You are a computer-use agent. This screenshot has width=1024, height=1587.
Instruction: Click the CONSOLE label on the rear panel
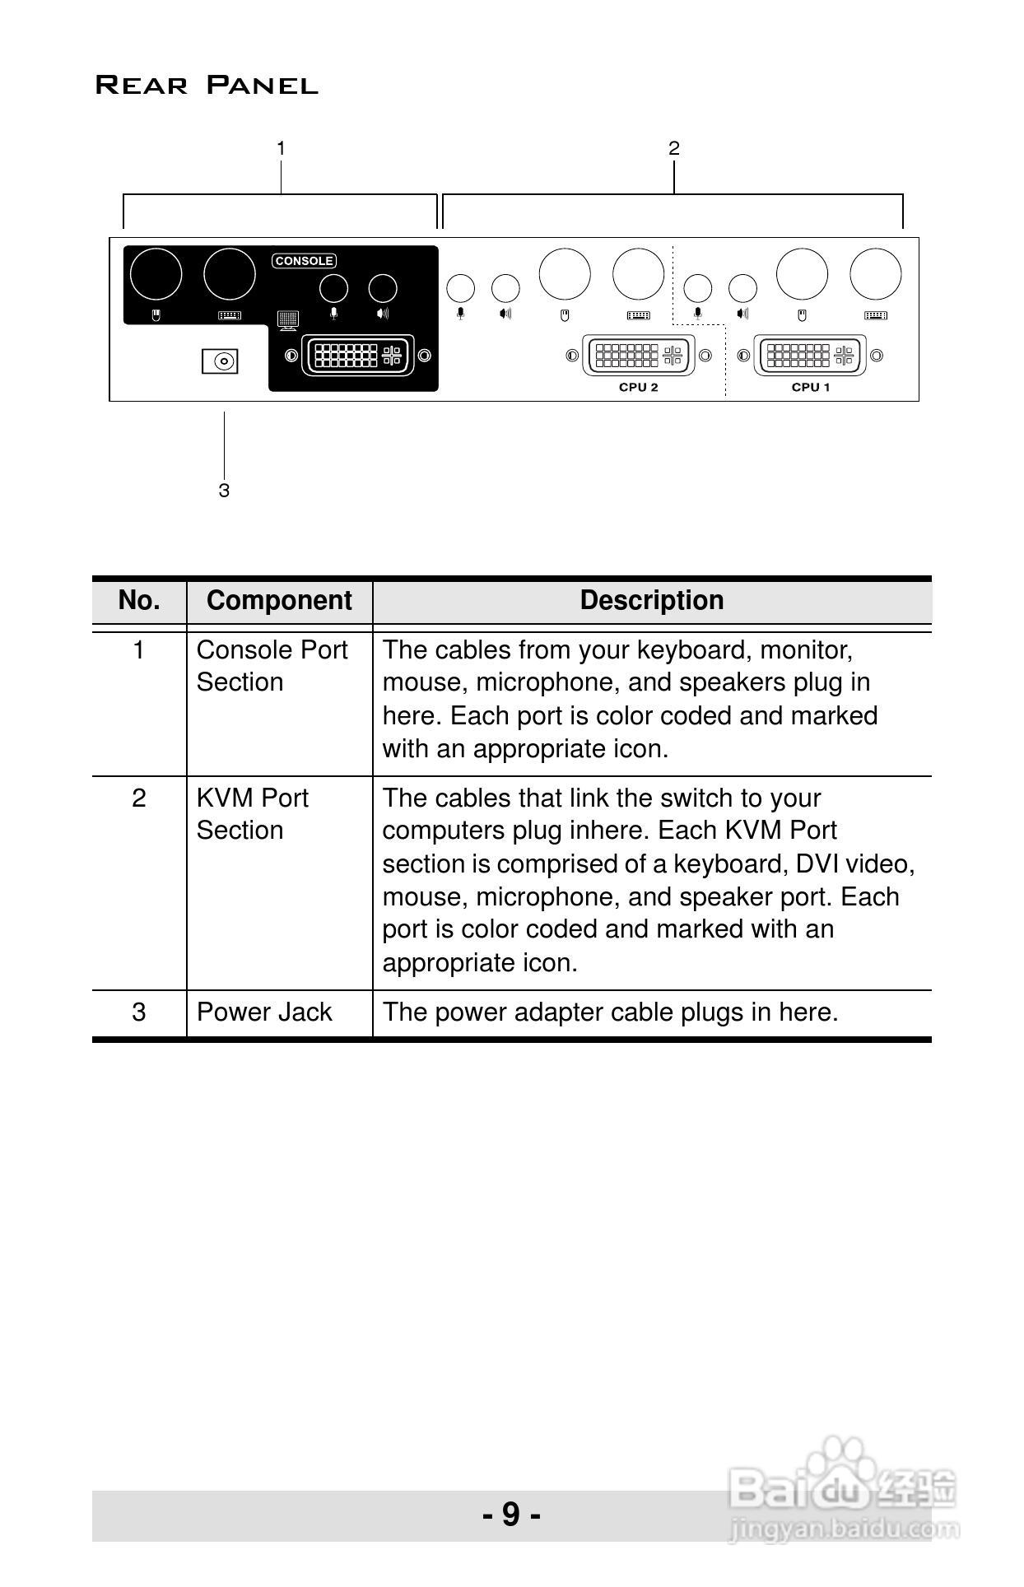[304, 261]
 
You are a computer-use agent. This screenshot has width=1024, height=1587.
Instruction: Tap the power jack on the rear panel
[220, 361]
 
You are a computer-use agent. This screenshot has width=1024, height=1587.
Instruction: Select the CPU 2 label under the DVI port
[638, 387]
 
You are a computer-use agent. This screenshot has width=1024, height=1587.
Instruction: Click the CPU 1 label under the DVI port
[810, 387]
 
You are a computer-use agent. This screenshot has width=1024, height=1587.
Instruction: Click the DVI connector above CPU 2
[638, 356]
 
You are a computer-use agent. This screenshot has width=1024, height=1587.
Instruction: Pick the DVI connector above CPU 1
[810, 356]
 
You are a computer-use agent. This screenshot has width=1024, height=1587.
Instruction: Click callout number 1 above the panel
[281, 148]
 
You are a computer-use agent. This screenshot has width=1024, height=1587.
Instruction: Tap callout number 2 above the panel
[673, 148]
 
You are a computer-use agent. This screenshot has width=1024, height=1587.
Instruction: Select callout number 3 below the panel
[224, 491]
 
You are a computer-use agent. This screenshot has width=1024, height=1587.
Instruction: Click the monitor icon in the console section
[288, 319]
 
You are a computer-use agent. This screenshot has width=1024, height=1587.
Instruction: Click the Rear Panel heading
[207, 85]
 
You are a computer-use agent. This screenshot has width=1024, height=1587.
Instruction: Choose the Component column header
[279, 600]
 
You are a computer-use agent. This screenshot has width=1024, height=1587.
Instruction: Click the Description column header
[651, 600]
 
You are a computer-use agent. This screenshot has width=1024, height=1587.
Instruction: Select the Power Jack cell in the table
[264, 1012]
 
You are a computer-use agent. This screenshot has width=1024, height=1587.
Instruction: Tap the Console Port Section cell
[272, 666]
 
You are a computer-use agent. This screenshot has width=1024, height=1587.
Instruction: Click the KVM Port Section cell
[252, 814]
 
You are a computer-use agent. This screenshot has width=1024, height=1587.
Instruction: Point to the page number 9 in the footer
[511, 1514]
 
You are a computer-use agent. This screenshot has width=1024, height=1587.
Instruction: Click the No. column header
[139, 600]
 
